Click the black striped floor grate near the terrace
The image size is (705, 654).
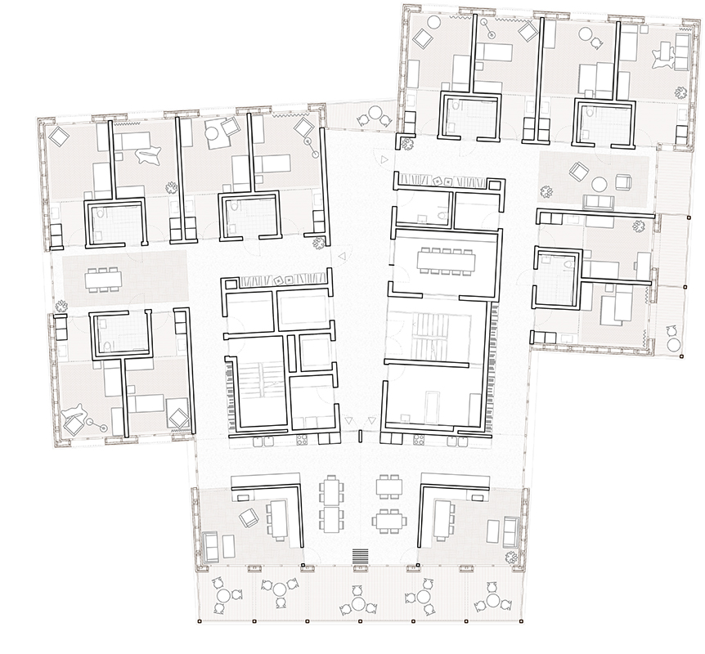[x=358, y=556]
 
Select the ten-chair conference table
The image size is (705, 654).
[x=442, y=259]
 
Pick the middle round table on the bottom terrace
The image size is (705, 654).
[x=357, y=602]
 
